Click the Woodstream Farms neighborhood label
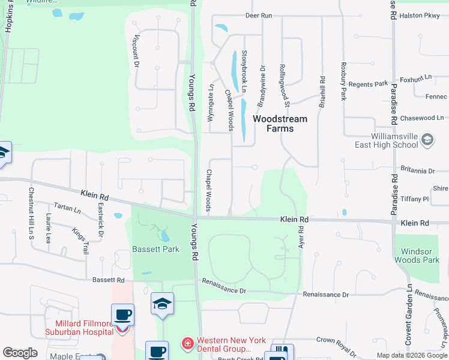coord(280,124)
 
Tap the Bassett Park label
coord(156,249)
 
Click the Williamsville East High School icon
coord(427,140)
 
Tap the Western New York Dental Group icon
coord(188,344)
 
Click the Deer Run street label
coord(259,15)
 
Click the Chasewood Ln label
coord(423,118)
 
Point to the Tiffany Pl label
coord(415,199)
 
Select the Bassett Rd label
coord(108,280)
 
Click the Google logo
coord(20,353)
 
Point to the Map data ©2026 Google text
coord(411,355)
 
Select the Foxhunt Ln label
coord(416,79)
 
